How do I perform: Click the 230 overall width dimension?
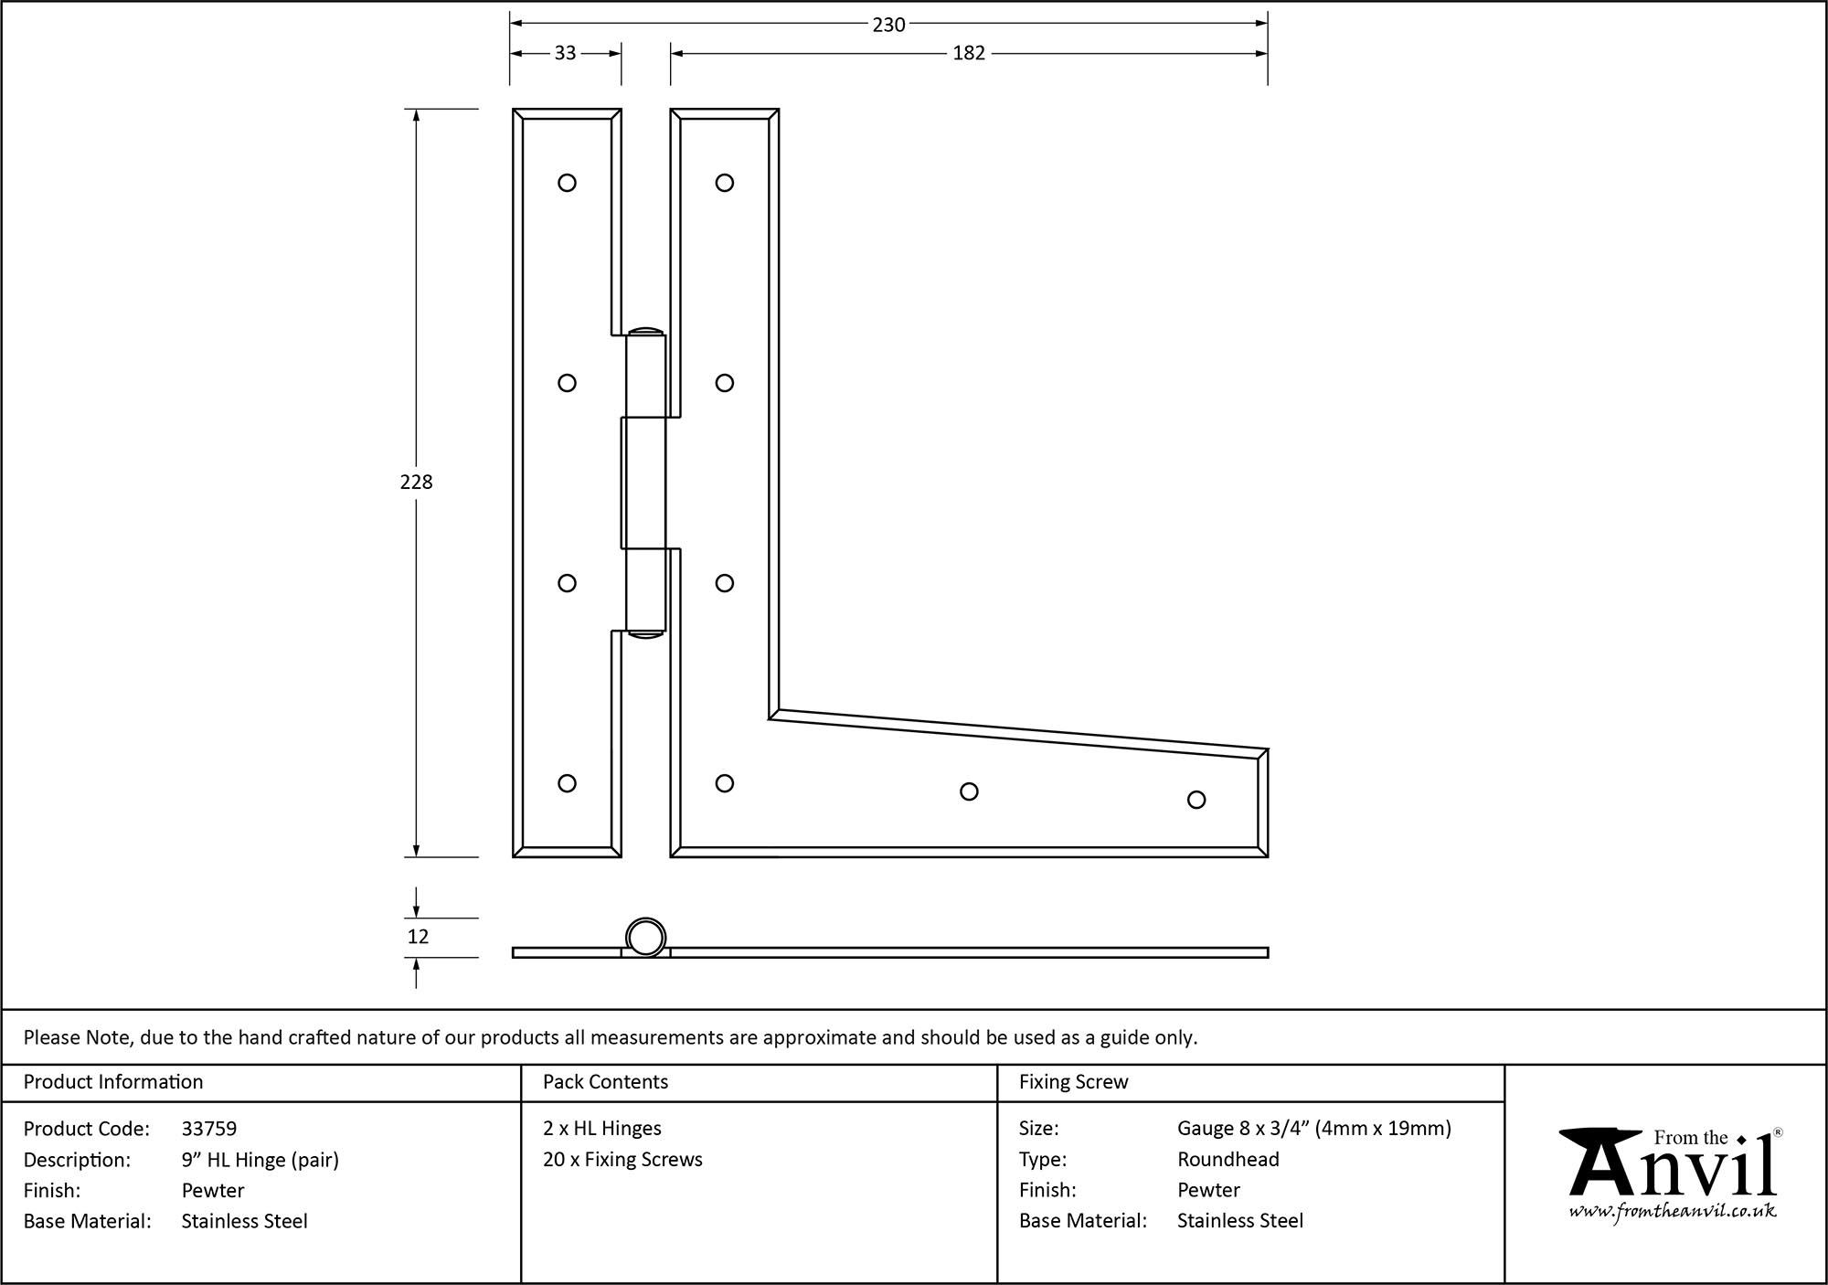pyautogui.click(x=887, y=26)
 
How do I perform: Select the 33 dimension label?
pyautogui.click(x=565, y=54)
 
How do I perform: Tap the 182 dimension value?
pyautogui.click(x=968, y=54)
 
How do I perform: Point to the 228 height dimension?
pyautogui.click(x=416, y=483)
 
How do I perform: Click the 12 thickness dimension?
pyautogui.click(x=418, y=937)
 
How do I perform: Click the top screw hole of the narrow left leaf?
pyautogui.click(x=567, y=183)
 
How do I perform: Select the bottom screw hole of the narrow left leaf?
pyautogui.click(x=567, y=783)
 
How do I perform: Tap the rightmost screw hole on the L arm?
pyautogui.click(x=1196, y=800)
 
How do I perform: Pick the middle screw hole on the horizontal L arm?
pyautogui.click(x=969, y=791)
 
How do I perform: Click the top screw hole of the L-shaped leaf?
pyautogui.click(x=725, y=183)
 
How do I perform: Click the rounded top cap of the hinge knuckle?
pyautogui.click(x=645, y=331)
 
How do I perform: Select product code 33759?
pyautogui.click(x=209, y=1129)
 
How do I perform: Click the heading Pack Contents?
pyautogui.click(x=605, y=1082)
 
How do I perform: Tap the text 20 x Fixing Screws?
pyautogui.click(x=622, y=1160)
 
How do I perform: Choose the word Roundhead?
pyautogui.click(x=1228, y=1160)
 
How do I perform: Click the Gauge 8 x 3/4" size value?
pyautogui.click(x=1313, y=1129)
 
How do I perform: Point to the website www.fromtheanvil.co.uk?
pyautogui.click(x=1673, y=1211)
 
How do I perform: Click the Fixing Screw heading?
pyautogui.click(x=1073, y=1082)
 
